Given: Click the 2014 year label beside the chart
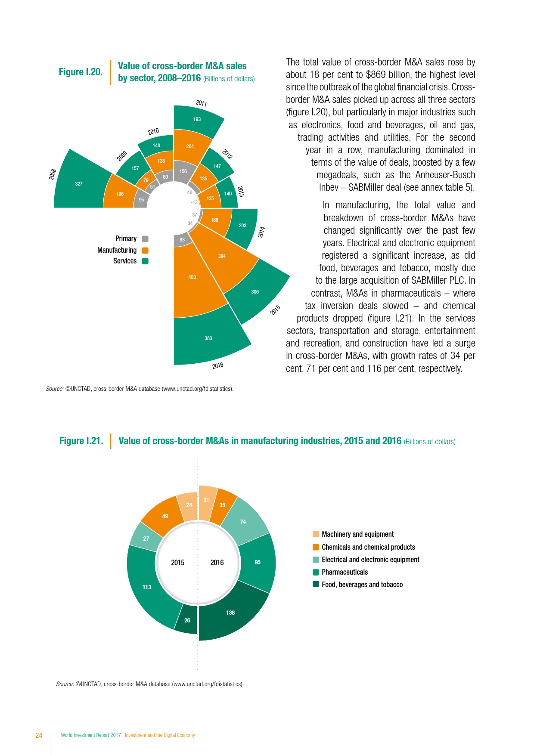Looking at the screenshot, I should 261,232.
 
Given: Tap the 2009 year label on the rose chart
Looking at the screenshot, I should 122,156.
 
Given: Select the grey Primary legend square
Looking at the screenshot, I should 145,239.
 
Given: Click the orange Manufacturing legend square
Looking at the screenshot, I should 145,250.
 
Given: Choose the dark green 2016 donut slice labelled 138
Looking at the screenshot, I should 230,613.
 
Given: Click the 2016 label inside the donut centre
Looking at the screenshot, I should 217,563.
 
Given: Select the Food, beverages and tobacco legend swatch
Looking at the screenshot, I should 316,584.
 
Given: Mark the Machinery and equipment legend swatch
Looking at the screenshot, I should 316,534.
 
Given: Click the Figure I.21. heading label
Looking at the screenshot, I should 81,441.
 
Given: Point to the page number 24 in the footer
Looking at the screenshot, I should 39,735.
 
